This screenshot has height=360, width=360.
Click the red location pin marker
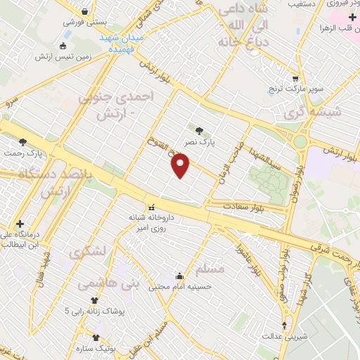(181, 166)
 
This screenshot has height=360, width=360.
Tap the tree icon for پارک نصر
(200, 130)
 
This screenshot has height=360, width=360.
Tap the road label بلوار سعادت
(243, 207)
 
